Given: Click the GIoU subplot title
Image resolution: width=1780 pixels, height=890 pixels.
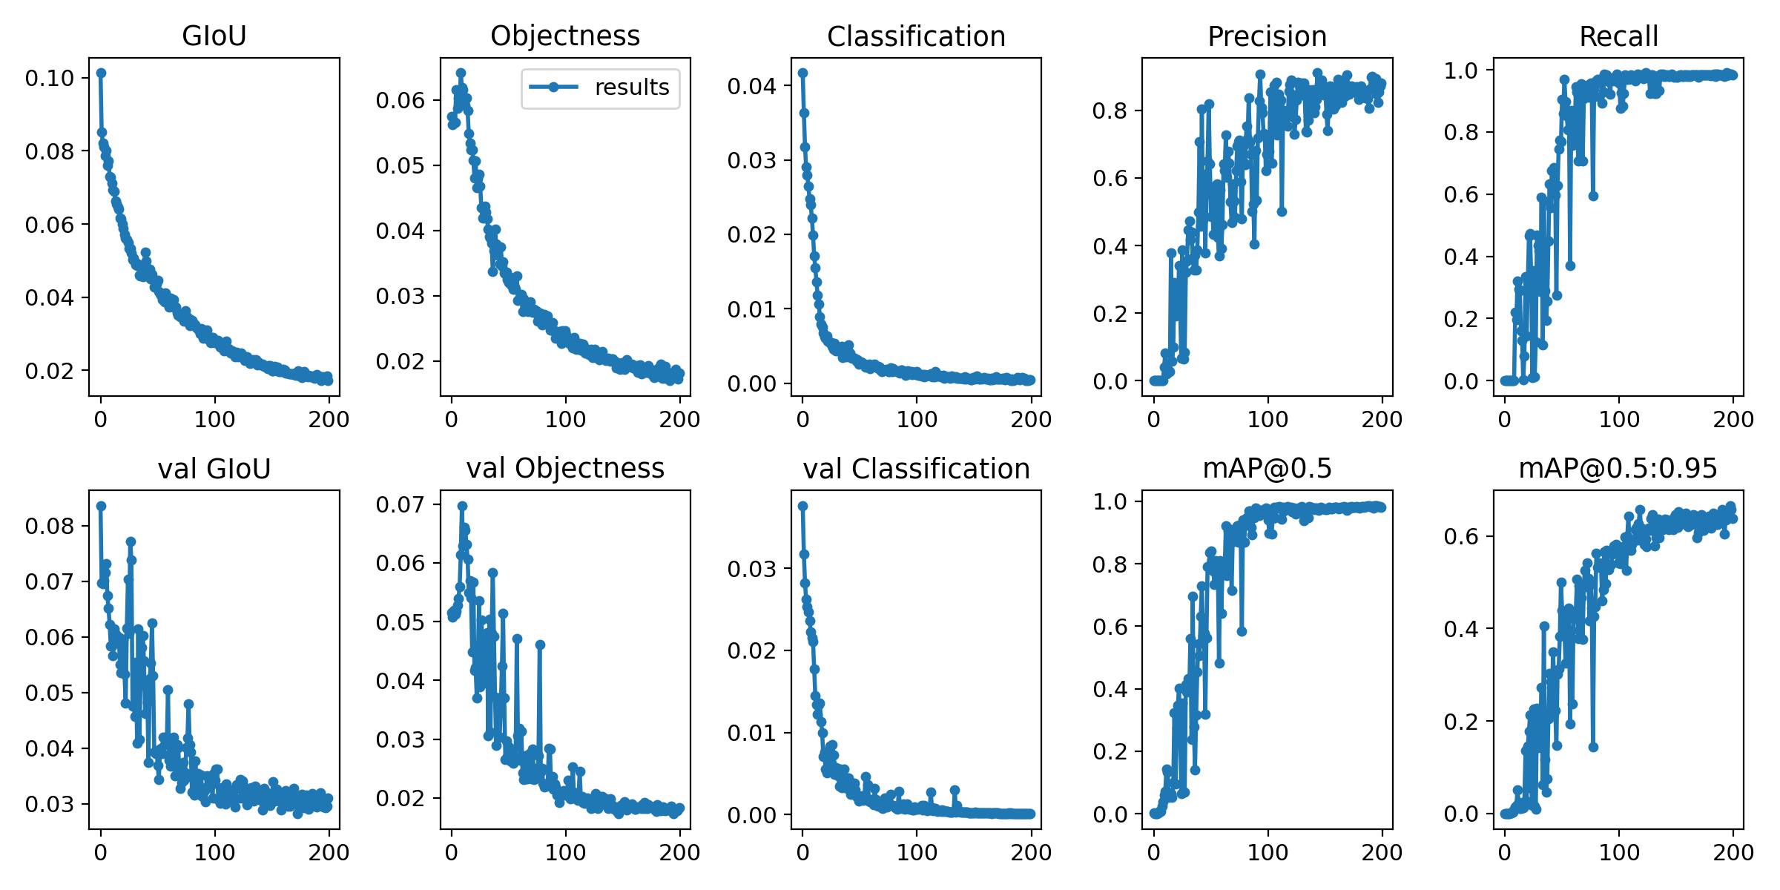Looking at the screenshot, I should tap(214, 36).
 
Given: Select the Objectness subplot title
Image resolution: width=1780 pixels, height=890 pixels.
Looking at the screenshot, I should tap(565, 36).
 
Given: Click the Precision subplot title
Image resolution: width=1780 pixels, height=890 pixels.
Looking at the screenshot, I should tap(1267, 36).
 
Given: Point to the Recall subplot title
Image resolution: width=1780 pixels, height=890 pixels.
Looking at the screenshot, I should tap(1618, 36).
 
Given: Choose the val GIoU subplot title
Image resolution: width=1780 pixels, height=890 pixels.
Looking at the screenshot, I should tap(214, 469).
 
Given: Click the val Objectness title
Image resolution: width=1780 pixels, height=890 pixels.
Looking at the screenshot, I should tap(565, 469).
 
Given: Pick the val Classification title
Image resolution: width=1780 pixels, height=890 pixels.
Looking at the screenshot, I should tap(916, 469).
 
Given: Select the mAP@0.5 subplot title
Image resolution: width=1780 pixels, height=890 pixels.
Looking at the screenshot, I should tap(1267, 469).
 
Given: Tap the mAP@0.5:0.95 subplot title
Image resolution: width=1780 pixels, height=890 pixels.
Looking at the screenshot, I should tap(1618, 469).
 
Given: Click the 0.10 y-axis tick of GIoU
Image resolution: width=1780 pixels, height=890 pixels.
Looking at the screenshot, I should tap(50, 78).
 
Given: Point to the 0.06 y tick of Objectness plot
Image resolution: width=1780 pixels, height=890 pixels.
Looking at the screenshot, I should tap(400, 100).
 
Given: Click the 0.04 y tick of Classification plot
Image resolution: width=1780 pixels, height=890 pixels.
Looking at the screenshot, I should tap(751, 86).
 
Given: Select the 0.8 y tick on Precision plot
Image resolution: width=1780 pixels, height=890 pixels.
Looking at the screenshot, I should tap(1110, 111).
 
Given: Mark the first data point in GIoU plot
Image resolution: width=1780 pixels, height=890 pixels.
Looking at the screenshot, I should tap(101, 73).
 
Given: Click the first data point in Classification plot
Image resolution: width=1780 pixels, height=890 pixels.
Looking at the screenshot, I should tap(802, 73).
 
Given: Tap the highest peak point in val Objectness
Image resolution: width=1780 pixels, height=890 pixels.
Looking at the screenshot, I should tap(462, 506).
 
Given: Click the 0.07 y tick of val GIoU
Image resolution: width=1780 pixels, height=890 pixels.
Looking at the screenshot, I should tap(50, 581).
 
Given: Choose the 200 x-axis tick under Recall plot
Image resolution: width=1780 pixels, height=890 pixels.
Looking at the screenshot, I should tap(1733, 420).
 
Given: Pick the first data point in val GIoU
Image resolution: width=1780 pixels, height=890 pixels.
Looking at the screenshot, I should tap(101, 506).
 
